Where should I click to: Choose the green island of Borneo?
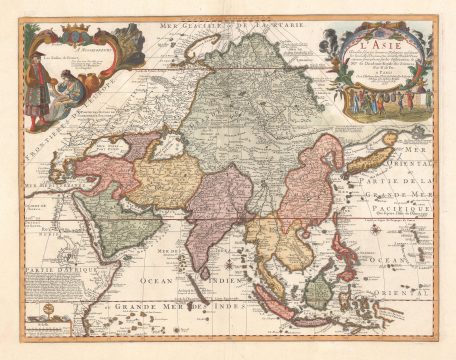(317, 291)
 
